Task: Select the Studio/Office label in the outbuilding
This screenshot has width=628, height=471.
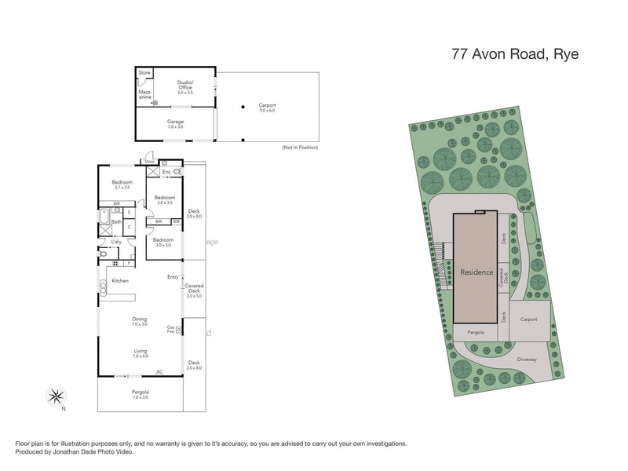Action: pos(184,86)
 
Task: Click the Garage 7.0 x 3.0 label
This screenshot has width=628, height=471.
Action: pos(174,124)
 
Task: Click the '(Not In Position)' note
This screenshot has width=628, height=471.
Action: pos(300,148)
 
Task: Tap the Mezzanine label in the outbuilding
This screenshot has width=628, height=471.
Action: pos(145,94)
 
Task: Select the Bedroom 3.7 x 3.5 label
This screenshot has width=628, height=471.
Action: pos(122,184)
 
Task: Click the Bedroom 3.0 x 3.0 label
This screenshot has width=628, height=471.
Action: pos(163,242)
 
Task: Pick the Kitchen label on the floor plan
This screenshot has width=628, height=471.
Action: pos(120,280)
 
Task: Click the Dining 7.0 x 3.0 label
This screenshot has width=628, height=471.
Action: pos(140,321)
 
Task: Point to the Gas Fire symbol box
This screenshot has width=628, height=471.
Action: pos(178,330)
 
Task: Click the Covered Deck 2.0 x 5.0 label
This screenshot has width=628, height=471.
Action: pos(194,290)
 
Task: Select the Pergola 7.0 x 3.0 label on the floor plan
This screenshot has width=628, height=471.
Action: pos(140,394)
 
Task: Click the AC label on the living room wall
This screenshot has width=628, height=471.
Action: pos(159,372)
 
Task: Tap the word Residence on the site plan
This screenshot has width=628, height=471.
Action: pos(476,272)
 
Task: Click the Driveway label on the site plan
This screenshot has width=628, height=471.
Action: pos(527,360)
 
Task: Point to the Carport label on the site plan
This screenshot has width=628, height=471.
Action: pos(528,319)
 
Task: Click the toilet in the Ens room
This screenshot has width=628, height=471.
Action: pos(177,171)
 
